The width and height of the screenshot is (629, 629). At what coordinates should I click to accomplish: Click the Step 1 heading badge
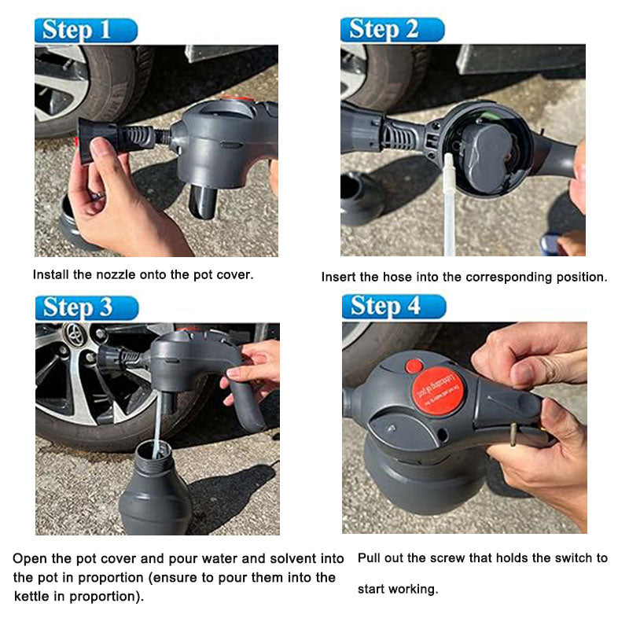pos(86,30)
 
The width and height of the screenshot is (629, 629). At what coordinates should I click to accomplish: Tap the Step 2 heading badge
pos(392,30)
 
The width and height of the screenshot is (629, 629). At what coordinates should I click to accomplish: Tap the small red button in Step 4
pos(414,366)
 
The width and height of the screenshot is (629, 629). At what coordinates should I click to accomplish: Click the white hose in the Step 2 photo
pos(449,204)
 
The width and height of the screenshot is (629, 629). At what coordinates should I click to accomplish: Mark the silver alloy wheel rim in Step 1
pos(55,86)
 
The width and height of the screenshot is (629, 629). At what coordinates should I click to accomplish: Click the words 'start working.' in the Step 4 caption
pos(398,589)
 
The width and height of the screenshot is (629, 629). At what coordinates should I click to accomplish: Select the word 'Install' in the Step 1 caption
pos(49,275)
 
